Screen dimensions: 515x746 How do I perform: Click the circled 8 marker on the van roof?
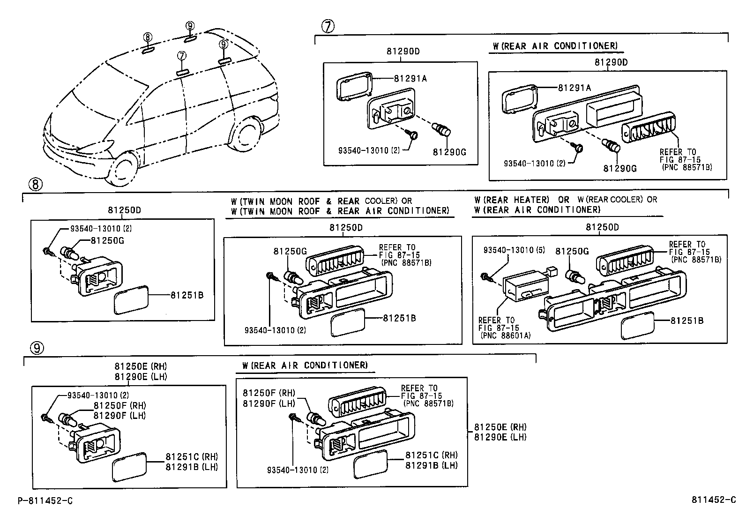tap(148, 37)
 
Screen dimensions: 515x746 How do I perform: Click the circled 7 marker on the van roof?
tap(182, 56)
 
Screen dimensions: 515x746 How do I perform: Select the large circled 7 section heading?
tap(328, 26)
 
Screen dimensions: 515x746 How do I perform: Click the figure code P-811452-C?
tap(45, 500)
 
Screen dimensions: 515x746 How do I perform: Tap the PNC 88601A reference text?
tap(506, 336)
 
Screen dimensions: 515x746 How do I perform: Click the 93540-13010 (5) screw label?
tap(515, 251)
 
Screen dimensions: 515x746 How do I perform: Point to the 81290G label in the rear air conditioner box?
tap(620, 169)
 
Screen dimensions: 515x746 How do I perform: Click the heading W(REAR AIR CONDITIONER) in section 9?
tap(306, 365)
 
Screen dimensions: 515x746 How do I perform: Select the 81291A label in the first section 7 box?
tap(410, 79)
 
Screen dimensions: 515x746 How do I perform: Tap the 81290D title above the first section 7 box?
tap(403, 52)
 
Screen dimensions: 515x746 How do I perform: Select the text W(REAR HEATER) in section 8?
tap(512, 200)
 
